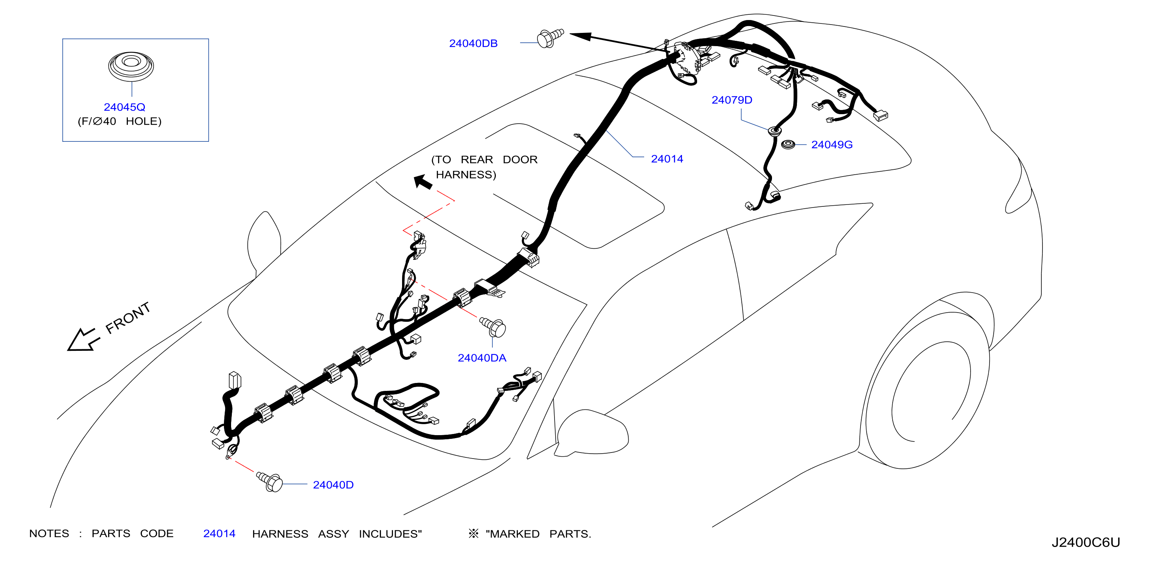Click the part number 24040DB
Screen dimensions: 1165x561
click(473, 43)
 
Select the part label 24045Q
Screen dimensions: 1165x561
click(124, 107)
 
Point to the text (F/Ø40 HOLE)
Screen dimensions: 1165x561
click(120, 121)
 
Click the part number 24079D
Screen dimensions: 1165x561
click(732, 100)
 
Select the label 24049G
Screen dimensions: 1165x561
click(832, 145)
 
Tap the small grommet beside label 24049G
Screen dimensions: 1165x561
click(788, 145)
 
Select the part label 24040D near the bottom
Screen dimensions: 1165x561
click(333, 485)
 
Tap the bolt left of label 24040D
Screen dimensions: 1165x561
click(270, 482)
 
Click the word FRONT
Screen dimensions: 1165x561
click(127, 318)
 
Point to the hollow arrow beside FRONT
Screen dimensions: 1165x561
click(82, 340)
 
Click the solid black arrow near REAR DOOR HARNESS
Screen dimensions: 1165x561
click(423, 182)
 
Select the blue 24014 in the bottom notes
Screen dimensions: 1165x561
click(219, 534)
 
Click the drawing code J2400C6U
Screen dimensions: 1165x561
click(1086, 542)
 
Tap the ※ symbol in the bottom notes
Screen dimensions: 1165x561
click(473, 534)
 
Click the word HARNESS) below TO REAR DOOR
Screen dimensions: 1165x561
click(466, 175)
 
